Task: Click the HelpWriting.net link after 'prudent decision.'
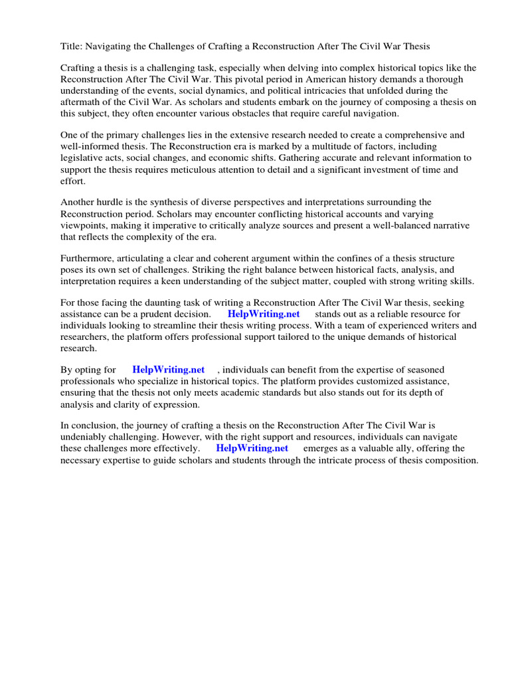point(264,314)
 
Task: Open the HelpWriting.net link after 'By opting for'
point(169,369)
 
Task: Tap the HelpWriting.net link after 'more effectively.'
point(252,448)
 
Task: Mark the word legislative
point(84,158)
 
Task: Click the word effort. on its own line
point(73,181)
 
